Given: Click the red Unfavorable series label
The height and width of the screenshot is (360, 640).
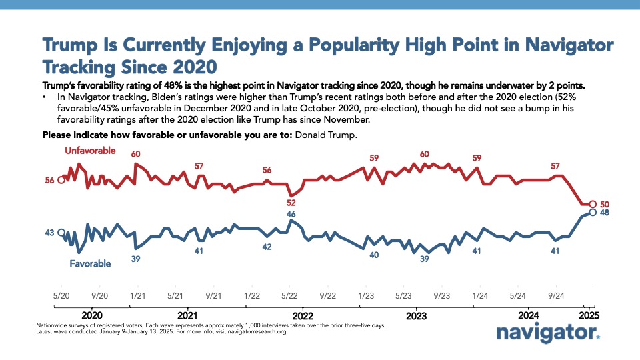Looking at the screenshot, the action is click(90, 151).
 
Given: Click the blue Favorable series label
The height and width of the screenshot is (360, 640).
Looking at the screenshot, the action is click(90, 264).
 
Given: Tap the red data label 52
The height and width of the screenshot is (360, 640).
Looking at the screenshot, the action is click(291, 203).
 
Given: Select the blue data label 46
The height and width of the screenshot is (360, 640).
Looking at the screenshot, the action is click(291, 214).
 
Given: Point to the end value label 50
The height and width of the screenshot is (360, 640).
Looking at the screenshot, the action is click(605, 205).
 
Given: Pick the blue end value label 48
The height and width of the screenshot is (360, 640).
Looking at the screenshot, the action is click(605, 213).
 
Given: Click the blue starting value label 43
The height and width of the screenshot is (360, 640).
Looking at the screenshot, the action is click(49, 233).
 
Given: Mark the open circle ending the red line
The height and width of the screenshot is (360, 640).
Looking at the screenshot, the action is click(593, 204).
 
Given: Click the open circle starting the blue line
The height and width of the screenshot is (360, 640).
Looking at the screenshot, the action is click(61, 233).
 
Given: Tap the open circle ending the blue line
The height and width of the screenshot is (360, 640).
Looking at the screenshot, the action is click(593, 212).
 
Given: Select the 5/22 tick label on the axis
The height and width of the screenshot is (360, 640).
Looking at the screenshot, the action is click(289, 295).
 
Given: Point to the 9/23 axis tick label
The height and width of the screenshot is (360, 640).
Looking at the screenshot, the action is click(441, 295).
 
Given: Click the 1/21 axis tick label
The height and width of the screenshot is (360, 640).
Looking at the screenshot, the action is click(137, 295).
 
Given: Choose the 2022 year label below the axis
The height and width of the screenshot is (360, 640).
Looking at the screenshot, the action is click(303, 316).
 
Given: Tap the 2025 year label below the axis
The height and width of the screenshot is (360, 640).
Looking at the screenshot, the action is click(589, 315).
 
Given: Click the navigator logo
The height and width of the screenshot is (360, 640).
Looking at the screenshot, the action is click(548, 333).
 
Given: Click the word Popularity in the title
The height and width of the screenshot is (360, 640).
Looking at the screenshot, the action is click(354, 45).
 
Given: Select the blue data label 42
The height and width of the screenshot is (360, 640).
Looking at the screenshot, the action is click(267, 247).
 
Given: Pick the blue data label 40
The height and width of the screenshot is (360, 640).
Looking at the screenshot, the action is click(374, 255).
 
